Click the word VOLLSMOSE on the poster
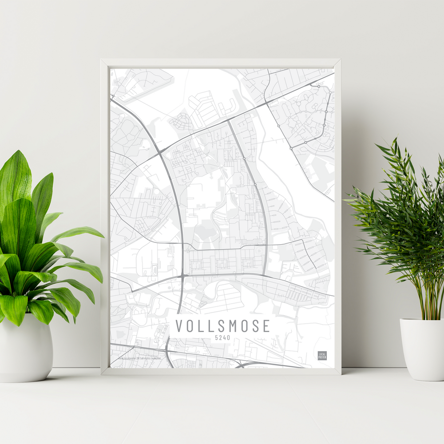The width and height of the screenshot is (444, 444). [x=222, y=326]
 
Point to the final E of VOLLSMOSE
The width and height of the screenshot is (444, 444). [x=266, y=326]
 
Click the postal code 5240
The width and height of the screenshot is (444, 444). [x=222, y=338]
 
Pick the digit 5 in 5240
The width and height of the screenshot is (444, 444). [x=217, y=338]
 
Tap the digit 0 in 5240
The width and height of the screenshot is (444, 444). [x=229, y=338]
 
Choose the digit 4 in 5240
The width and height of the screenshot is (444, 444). [x=225, y=338]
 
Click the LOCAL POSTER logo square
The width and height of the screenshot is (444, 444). [x=322, y=355]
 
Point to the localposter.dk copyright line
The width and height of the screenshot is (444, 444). [x=139, y=357]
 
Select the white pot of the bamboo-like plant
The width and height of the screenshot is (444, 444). [x=422, y=349]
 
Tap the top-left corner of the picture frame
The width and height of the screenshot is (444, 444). [x=102, y=60]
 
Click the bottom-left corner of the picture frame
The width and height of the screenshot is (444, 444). [x=102, y=374]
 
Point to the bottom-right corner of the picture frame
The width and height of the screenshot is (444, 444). [x=340, y=374]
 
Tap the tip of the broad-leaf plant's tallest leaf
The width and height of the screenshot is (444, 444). [x=19, y=151]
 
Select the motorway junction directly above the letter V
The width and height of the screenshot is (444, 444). [x=182, y=276]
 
